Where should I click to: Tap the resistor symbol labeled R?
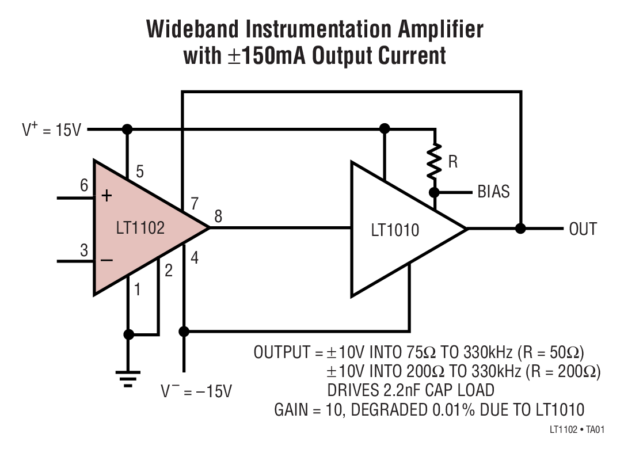435,162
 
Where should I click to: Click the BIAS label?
493,192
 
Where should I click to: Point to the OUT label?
583,229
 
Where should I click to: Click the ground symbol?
128,377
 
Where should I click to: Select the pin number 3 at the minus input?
84,250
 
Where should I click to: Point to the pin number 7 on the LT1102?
195,202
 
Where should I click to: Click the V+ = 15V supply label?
52,130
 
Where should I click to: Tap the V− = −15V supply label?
196,391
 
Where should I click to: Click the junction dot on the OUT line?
521,229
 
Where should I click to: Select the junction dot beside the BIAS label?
435,192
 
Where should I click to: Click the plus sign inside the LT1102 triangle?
107,196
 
